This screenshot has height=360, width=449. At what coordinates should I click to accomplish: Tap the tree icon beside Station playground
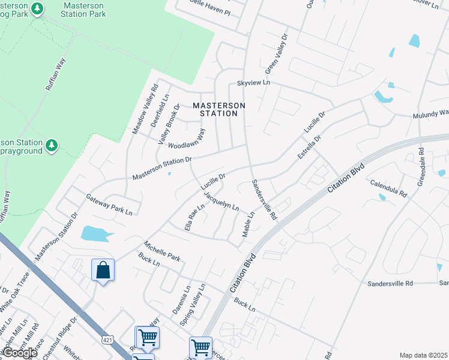(x=52, y=145)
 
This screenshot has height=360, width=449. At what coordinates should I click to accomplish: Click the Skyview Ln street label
(x=253, y=82)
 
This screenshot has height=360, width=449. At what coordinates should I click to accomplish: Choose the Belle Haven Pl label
(x=209, y=11)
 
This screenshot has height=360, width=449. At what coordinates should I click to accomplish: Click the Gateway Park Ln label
(x=109, y=204)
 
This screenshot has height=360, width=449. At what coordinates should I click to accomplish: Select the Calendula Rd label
(x=388, y=188)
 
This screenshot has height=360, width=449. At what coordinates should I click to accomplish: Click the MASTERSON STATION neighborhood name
(x=219, y=109)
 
